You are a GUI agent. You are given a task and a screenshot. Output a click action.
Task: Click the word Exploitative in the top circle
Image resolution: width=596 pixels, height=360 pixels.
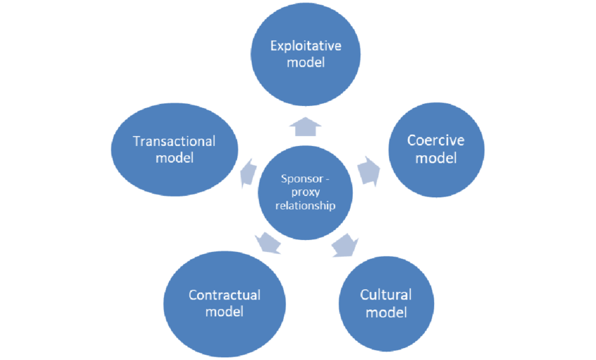coord(306,46)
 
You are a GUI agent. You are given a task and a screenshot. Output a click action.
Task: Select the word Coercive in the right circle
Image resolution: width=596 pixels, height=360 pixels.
coord(435,140)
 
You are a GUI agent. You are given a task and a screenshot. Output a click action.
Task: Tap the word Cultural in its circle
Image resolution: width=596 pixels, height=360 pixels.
coord(386,294)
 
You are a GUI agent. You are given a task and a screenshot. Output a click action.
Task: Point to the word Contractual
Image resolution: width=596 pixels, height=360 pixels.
coord(224,295)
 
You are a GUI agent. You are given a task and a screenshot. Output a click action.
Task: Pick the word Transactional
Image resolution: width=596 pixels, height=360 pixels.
coord(175,141)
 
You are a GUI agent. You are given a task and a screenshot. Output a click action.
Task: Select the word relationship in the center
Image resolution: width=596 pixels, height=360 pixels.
coord(306,206)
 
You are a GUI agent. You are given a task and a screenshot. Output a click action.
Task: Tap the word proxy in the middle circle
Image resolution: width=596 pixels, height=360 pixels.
coord(306,192)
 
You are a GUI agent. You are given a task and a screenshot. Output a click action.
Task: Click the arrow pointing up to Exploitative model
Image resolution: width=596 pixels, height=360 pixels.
coord(306,126)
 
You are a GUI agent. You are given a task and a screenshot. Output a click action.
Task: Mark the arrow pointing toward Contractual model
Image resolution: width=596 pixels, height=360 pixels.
coord(269,243)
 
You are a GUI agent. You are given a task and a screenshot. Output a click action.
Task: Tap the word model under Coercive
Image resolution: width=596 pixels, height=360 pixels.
coord(435,157)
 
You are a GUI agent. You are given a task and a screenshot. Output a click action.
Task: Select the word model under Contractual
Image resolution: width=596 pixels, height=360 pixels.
coord(224,311)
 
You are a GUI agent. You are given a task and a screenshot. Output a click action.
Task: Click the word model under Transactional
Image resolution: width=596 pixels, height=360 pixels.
coord(175,157)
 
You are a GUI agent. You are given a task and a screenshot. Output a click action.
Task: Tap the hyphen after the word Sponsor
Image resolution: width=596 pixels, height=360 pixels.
coord(327,178)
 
